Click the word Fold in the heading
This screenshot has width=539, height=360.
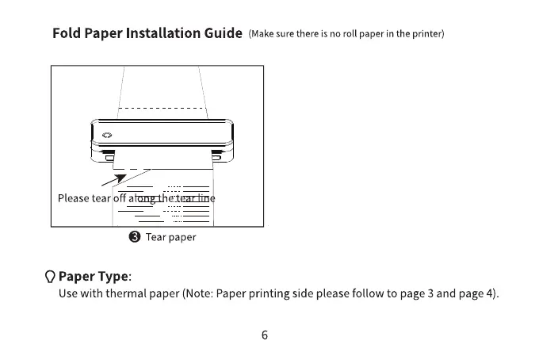point(67,33)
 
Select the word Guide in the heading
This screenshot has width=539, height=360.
point(221,33)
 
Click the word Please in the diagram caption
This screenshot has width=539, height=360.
point(74,198)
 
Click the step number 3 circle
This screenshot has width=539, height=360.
point(134,237)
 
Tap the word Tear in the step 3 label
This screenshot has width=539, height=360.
point(155,237)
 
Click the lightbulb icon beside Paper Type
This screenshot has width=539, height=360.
point(50,277)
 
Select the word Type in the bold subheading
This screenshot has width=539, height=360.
point(112,277)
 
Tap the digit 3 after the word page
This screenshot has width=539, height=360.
point(430,294)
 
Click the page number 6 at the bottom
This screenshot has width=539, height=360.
point(265,335)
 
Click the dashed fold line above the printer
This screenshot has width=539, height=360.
point(162,107)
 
